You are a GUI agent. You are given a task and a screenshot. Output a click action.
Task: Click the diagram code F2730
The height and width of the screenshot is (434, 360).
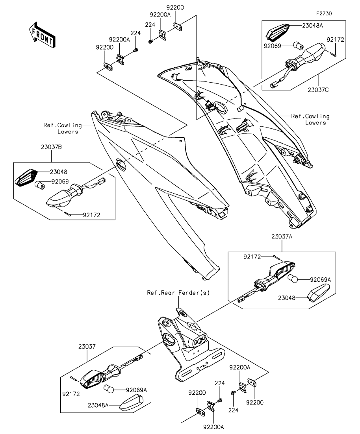pos(324,13)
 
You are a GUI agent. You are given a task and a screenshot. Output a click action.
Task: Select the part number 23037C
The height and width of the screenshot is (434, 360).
pos(318,90)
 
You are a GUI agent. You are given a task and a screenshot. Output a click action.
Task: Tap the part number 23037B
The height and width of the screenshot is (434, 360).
pos(51,147)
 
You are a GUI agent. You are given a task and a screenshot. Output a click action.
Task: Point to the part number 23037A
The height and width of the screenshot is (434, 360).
pos(282,236)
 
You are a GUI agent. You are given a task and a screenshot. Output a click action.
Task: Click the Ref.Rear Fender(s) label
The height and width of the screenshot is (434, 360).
pos(178,293)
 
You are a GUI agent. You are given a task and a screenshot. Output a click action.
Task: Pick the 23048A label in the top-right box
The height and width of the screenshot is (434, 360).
pos(312,26)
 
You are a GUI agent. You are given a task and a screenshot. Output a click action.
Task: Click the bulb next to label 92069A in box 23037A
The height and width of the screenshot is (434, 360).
pos(293,279)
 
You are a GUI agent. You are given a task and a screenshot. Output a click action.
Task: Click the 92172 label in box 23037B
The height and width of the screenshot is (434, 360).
pos(91,215)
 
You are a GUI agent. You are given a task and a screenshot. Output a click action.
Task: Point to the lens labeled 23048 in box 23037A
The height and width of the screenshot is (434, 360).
pos(318,293)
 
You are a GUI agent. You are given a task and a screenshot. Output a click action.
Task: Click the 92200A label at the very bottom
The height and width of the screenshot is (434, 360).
pos(213,427)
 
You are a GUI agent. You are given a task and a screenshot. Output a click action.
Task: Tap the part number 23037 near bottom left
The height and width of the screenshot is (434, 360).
pos(87,347)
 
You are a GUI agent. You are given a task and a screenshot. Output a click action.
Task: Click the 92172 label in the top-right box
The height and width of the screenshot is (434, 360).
pos(335,40)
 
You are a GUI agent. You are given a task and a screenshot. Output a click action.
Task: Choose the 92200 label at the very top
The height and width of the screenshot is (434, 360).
pos(175,7)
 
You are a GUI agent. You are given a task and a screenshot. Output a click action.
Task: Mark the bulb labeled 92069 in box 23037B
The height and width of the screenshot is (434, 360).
pos(40,185)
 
